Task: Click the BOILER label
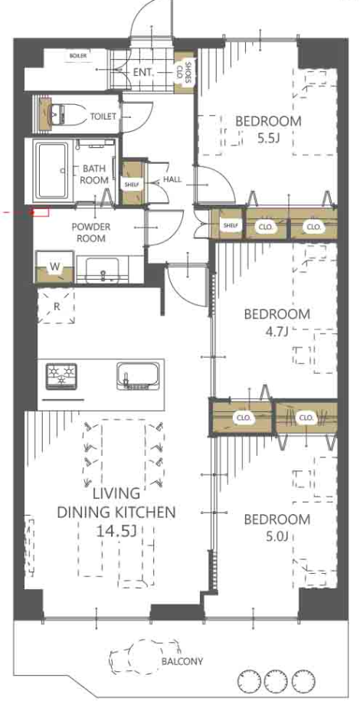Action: [x=78, y=56]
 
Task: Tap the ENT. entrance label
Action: [x=145, y=73]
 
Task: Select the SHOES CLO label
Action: [x=188, y=73]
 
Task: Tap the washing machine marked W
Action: [x=54, y=267]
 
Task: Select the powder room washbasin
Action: [x=103, y=270]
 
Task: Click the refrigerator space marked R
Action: [x=57, y=306]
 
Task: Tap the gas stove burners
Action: [x=61, y=376]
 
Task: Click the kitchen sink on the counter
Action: [x=138, y=376]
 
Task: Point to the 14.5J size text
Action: [x=116, y=530]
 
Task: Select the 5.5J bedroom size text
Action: [x=269, y=139]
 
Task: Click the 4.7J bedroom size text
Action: [x=277, y=331]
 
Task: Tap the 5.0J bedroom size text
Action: [x=277, y=537]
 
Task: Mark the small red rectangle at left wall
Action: [x=40, y=211]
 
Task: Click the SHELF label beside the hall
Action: [x=134, y=184]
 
